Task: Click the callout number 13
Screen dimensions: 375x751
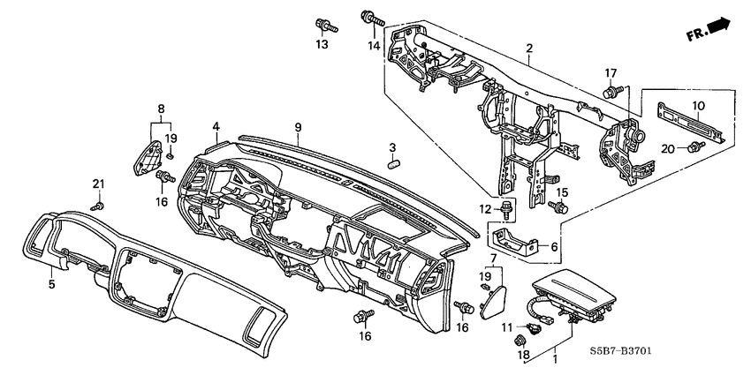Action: coord(322,44)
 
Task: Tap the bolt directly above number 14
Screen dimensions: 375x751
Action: coord(370,17)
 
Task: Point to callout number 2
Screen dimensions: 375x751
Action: coord(528,48)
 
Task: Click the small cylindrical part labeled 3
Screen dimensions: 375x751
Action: coord(396,161)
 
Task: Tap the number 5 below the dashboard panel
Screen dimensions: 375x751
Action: coord(51,284)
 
